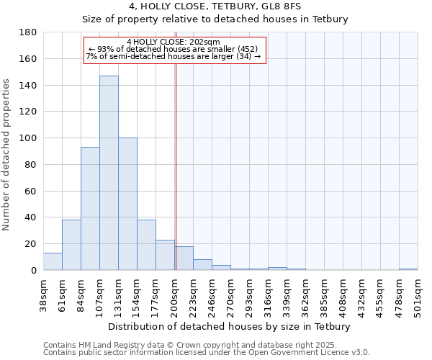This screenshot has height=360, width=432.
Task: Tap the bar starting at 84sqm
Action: [90, 209]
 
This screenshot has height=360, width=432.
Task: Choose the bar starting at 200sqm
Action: [184, 258]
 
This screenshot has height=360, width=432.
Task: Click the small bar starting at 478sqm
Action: [408, 269]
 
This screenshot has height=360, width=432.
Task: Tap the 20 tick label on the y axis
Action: [32, 244]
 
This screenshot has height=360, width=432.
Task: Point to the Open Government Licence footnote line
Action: [207, 352]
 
